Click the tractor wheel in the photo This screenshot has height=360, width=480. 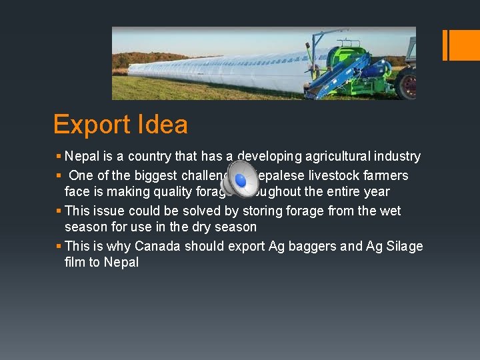(x=406, y=85)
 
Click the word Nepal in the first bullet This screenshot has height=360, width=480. (x=82, y=157)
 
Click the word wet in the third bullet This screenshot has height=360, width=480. (x=389, y=211)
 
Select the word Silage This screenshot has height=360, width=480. (x=403, y=246)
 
